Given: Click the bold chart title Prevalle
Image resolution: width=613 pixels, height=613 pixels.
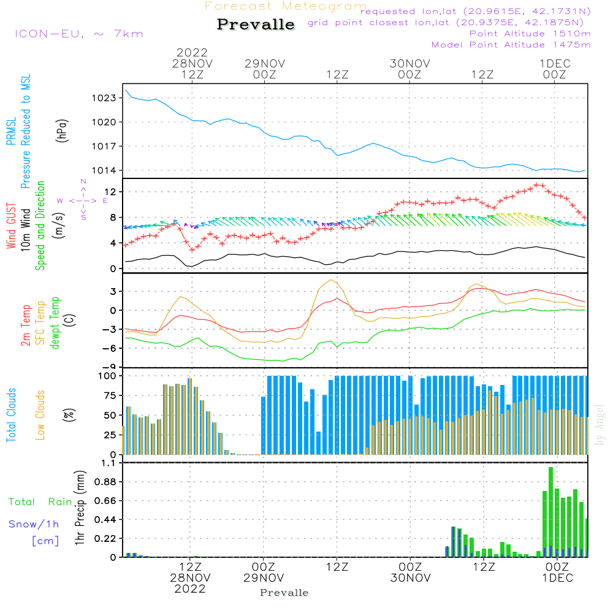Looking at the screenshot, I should coord(256,25).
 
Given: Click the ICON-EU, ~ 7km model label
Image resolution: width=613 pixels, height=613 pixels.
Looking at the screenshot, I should coord(78,34).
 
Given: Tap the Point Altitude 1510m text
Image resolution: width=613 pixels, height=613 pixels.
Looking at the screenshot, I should coord(530,34).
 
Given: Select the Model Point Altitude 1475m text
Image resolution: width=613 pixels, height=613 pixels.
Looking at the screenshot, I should coord(511,45).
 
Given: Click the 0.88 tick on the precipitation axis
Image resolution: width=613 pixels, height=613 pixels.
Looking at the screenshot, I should coord(105,482).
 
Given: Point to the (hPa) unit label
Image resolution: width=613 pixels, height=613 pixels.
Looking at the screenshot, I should coord(62,130).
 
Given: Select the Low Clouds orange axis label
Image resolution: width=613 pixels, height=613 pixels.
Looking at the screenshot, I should coord(40,414).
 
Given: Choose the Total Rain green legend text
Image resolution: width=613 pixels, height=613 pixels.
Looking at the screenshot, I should coord(40,502).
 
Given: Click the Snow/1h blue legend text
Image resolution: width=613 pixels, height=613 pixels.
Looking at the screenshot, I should coord(34,524).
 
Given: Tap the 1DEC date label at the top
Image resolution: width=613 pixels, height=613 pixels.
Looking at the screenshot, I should coord(555,64).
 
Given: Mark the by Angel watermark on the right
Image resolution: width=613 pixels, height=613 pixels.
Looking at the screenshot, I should coord(600,425).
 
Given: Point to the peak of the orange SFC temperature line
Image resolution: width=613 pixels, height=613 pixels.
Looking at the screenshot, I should coord(332,280).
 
